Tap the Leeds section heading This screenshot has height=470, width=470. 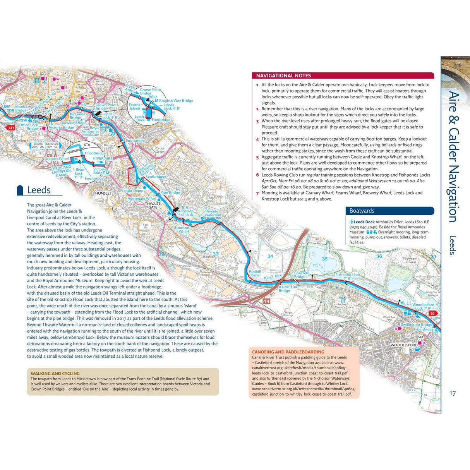[39, 190]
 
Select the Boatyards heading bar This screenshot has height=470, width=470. [389, 211]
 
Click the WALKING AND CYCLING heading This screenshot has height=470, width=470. [55, 374]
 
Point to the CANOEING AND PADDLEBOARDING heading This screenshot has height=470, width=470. [288, 352]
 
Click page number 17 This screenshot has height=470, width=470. [452, 394]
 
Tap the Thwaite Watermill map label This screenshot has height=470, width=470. [213, 213]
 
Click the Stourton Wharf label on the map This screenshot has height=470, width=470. [182, 230]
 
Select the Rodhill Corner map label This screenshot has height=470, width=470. [255, 273]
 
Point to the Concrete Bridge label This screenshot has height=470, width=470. [302, 275]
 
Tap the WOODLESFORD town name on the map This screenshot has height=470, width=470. [404, 345]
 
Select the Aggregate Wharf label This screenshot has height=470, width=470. [142, 199]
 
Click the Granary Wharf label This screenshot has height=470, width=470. [57, 159]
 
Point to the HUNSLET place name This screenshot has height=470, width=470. [103, 193]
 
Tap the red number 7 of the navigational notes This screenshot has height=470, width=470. [257, 193]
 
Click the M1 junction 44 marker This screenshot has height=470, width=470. [266, 301]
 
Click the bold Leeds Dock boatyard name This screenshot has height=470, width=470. [364, 222]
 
